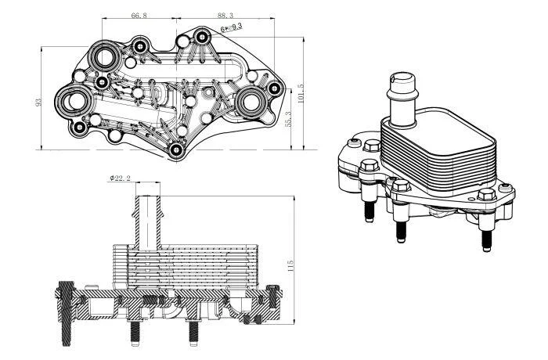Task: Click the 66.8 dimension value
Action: coord(139,14)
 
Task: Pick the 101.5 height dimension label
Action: coord(300,95)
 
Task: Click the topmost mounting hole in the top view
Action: coord(203,35)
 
